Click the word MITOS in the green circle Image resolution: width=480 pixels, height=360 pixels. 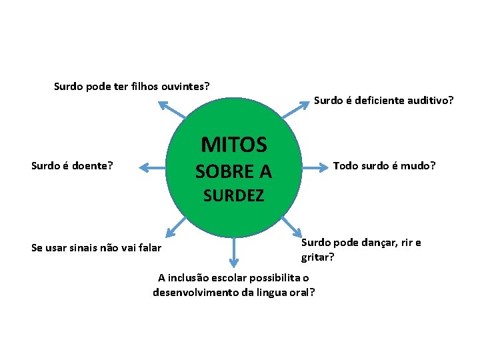point(233,145)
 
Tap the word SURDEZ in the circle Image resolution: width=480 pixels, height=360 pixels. point(233,196)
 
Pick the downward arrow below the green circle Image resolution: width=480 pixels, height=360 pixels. point(234,253)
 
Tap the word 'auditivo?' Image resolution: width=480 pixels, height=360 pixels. point(430,101)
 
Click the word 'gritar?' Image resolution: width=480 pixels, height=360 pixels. point(317,256)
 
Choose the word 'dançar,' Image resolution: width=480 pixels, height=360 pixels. point(373,243)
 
